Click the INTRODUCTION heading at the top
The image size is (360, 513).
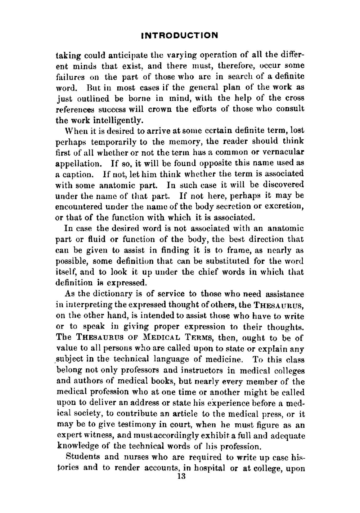[x=180, y=35]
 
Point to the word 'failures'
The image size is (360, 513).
[x=70, y=77]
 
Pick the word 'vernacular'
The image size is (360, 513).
[x=284, y=152]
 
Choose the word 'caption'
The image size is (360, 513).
[x=77, y=174]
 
